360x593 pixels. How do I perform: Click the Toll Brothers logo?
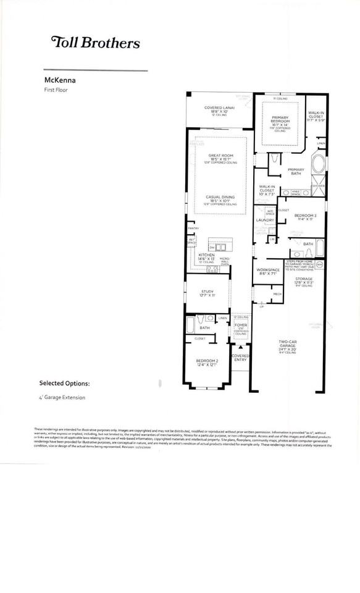click(95, 43)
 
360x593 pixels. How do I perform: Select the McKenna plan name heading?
click(58, 80)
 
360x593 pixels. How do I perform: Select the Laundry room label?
click(266, 219)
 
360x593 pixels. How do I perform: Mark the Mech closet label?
click(277, 294)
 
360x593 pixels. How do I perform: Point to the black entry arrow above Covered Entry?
click(241, 347)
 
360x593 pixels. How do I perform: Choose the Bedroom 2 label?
click(207, 363)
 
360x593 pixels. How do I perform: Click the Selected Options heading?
click(64, 383)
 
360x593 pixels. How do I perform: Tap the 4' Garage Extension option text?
click(61, 397)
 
